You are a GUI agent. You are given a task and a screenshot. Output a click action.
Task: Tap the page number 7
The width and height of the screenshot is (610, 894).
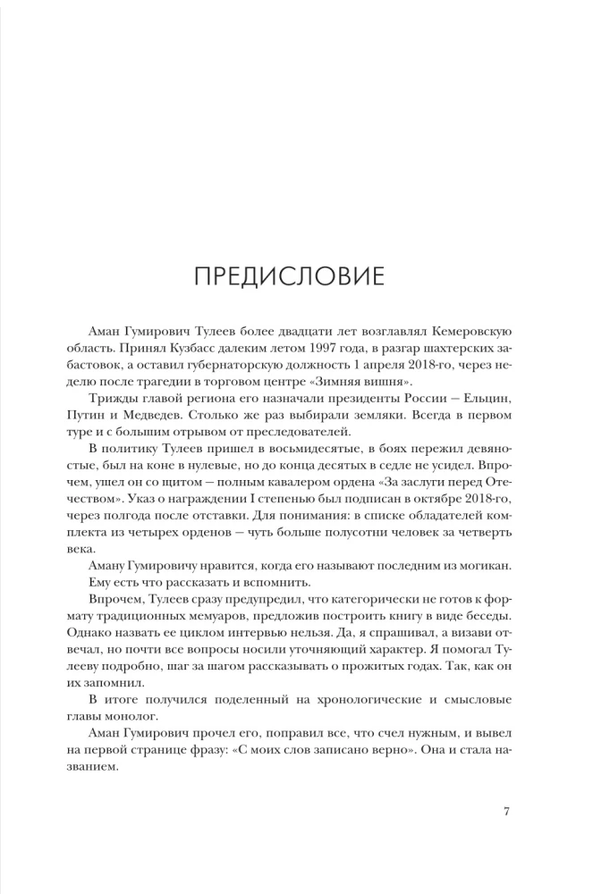506,811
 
